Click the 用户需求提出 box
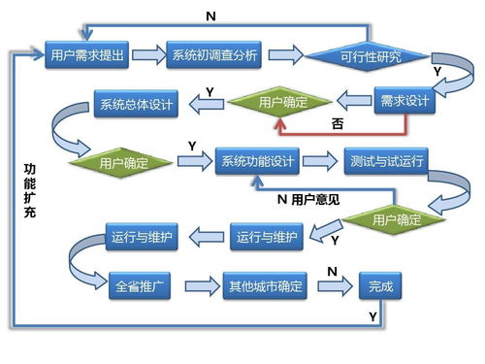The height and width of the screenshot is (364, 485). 87,55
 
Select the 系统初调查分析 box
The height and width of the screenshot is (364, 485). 214,55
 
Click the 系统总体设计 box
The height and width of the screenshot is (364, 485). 134,104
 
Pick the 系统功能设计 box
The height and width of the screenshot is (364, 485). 257,160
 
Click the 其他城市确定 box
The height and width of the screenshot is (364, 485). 265,287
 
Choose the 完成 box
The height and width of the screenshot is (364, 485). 381,287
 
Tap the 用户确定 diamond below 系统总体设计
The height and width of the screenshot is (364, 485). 124,163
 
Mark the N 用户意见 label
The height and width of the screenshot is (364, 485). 307,200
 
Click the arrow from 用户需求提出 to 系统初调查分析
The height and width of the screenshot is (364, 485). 147,55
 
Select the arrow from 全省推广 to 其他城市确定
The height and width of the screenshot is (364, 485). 198,287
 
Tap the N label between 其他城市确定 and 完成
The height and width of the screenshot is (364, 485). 331,271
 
